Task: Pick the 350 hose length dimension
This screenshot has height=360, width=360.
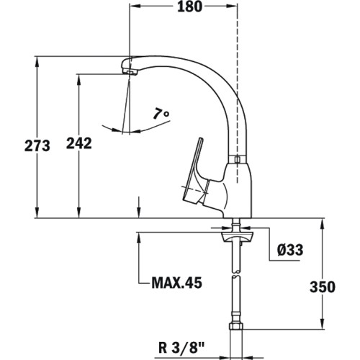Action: click(x=322, y=287)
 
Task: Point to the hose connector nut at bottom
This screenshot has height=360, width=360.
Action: click(x=235, y=336)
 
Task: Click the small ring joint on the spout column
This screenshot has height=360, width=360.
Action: click(x=236, y=159)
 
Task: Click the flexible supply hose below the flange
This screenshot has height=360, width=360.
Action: click(x=235, y=288)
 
